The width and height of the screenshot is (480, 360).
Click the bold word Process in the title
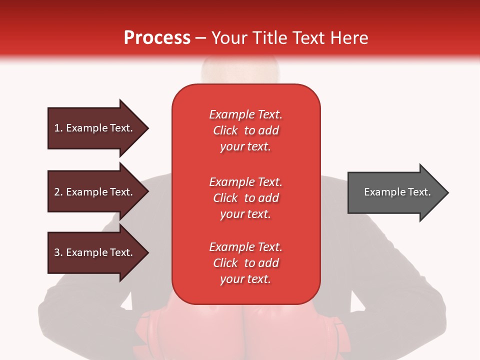tap(157, 38)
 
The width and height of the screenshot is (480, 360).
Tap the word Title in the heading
tap(270, 37)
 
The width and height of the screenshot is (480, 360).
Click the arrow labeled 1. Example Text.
tap(98, 128)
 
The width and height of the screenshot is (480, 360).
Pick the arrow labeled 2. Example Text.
tap(98, 191)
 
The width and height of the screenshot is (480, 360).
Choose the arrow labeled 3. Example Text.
tap(98, 252)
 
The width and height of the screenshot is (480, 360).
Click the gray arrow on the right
tap(398, 192)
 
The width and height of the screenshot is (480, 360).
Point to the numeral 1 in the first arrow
tap(56, 128)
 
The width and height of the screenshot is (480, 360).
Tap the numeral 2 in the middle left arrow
tap(57, 192)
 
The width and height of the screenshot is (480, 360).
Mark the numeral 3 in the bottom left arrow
tap(57, 252)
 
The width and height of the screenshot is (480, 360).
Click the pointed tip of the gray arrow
tap(448, 192)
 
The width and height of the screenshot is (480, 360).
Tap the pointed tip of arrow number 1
tap(149, 128)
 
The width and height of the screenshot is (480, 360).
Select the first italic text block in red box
tap(246, 130)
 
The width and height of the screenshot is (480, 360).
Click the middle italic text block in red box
tap(246, 198)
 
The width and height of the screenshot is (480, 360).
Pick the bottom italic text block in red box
tap(246, 263)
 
